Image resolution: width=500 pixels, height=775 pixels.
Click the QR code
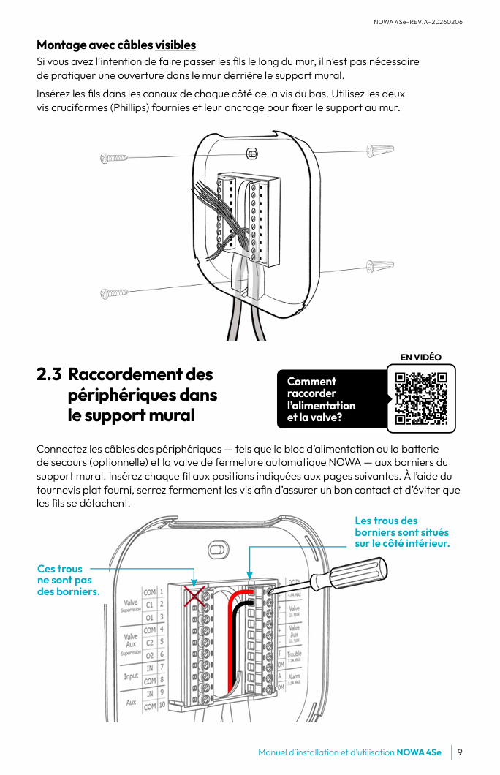[x=420, y=399]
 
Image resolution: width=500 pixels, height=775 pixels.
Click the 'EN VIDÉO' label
[x=420, y=357]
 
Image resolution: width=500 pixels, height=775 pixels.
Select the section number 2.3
[x=49, y=374]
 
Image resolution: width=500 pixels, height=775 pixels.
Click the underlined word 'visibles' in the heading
[x=175, y=45]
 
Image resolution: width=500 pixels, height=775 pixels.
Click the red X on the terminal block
[x=194, y=596]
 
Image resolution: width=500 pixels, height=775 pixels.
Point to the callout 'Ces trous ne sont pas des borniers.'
[x=68, y=580]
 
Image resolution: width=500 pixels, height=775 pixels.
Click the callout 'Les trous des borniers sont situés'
[x=401, y=532]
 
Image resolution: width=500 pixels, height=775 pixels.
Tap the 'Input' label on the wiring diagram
[x=131, y=676]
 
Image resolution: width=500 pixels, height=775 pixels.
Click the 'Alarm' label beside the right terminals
[x=294, y=678]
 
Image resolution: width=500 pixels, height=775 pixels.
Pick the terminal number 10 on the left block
[x=162, y=706]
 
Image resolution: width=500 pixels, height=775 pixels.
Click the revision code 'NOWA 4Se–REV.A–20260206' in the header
[x=417, y=22]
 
